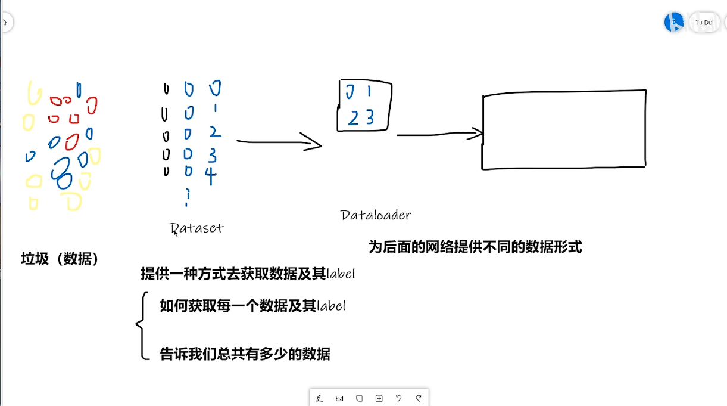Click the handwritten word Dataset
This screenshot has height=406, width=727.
pyautogui.click(x=196, y=228)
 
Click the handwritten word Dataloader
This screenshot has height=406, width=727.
pyautogui.click(x=376, y=215)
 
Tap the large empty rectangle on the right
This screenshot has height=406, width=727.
pyautogui.click(x=564, y=129)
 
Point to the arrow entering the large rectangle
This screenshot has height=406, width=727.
pyautogui.click(x=440, y=135)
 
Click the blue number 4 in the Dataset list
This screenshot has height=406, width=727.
pyautogui.click(x=211, y=175)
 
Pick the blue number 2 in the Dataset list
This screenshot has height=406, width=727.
pyautogui.click(x=215, y=132)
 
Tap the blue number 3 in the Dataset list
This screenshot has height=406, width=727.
pyautogui.click(x=212, y=155)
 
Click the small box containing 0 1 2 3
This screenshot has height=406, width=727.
pyautogui.click(x=364, y=106)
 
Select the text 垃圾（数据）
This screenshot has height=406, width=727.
pyautogui.click(x=60, y=259)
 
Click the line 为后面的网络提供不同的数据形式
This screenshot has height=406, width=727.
pyautogui.click(x=475, y=247)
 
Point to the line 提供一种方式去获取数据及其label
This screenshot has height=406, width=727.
pyautogui.click(x=248, y=274)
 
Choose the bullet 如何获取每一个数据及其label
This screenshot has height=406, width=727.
pyautogui.click(x=252, y=306)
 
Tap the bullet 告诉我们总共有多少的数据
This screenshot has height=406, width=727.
pyautogui.click(x=245, y=354)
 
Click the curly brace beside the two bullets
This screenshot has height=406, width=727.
pyautogui.click(x=142, y=326)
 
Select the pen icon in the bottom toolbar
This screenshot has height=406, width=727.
pyautogui.click(x=320, y=398)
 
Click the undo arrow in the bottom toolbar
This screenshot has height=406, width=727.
pyautogui.click(x=398, y=398)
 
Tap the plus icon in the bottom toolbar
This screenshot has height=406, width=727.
pyautogui.click(x=379, y=398)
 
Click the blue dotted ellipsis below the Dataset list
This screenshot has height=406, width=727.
pyautogui.click(x=188, y=197)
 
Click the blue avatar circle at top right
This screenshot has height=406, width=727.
pyautogui.click(x=674, y=22)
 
